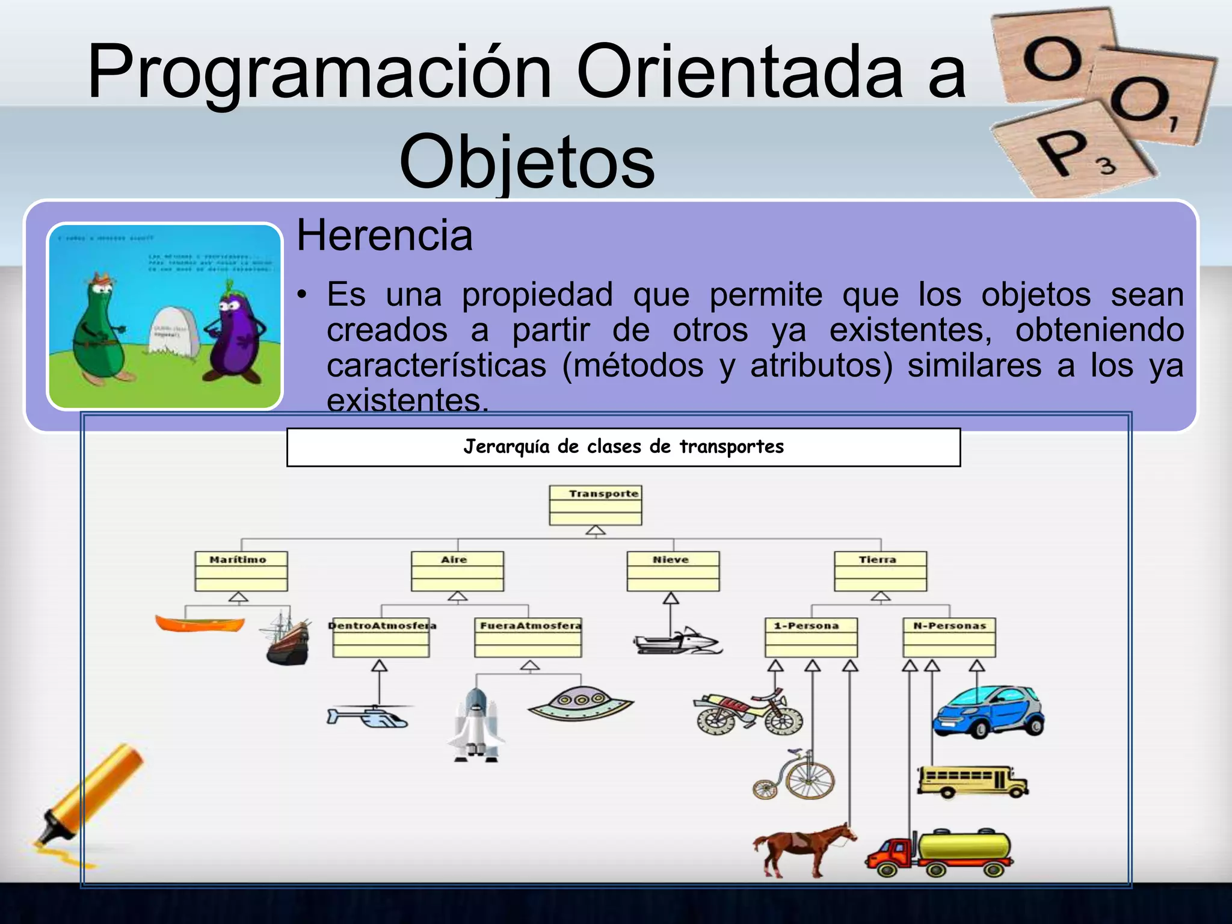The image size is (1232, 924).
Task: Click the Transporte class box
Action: tap(596, 505)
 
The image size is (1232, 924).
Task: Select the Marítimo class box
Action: tap(241, 571)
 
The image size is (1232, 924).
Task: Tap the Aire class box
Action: tap(457, 571)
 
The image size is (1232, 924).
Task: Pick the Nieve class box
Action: tap(673, 571)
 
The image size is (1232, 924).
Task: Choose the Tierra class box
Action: tap(880, 571)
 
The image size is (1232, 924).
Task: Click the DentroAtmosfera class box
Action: tap(381, 638)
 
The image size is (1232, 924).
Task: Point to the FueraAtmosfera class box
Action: tap(528, 638)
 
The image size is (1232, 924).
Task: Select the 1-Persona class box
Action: tap(811, 638)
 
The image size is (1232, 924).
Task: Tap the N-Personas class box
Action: tap(949, 638)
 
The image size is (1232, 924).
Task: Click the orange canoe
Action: tap(200, 623)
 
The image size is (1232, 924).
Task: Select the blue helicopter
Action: tap(368, 716)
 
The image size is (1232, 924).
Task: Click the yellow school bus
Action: tap(972, 781)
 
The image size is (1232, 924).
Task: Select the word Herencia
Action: tap(384, 235)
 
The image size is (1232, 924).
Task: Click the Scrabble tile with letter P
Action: tap(1074, 150)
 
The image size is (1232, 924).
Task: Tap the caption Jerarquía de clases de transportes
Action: tap(623, 447)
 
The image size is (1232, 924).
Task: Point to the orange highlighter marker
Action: tap(90, 794)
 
